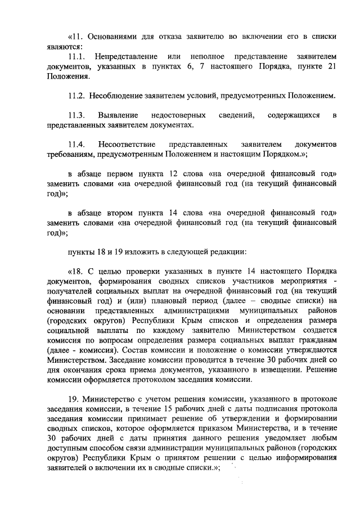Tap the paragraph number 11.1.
click(x=76, y=57)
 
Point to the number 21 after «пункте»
click(x=331, y=67)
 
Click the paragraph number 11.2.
click(x=76, y=94)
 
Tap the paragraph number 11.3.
click(x=76, y=115)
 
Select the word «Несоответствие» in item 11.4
click(x=128, y=143)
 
